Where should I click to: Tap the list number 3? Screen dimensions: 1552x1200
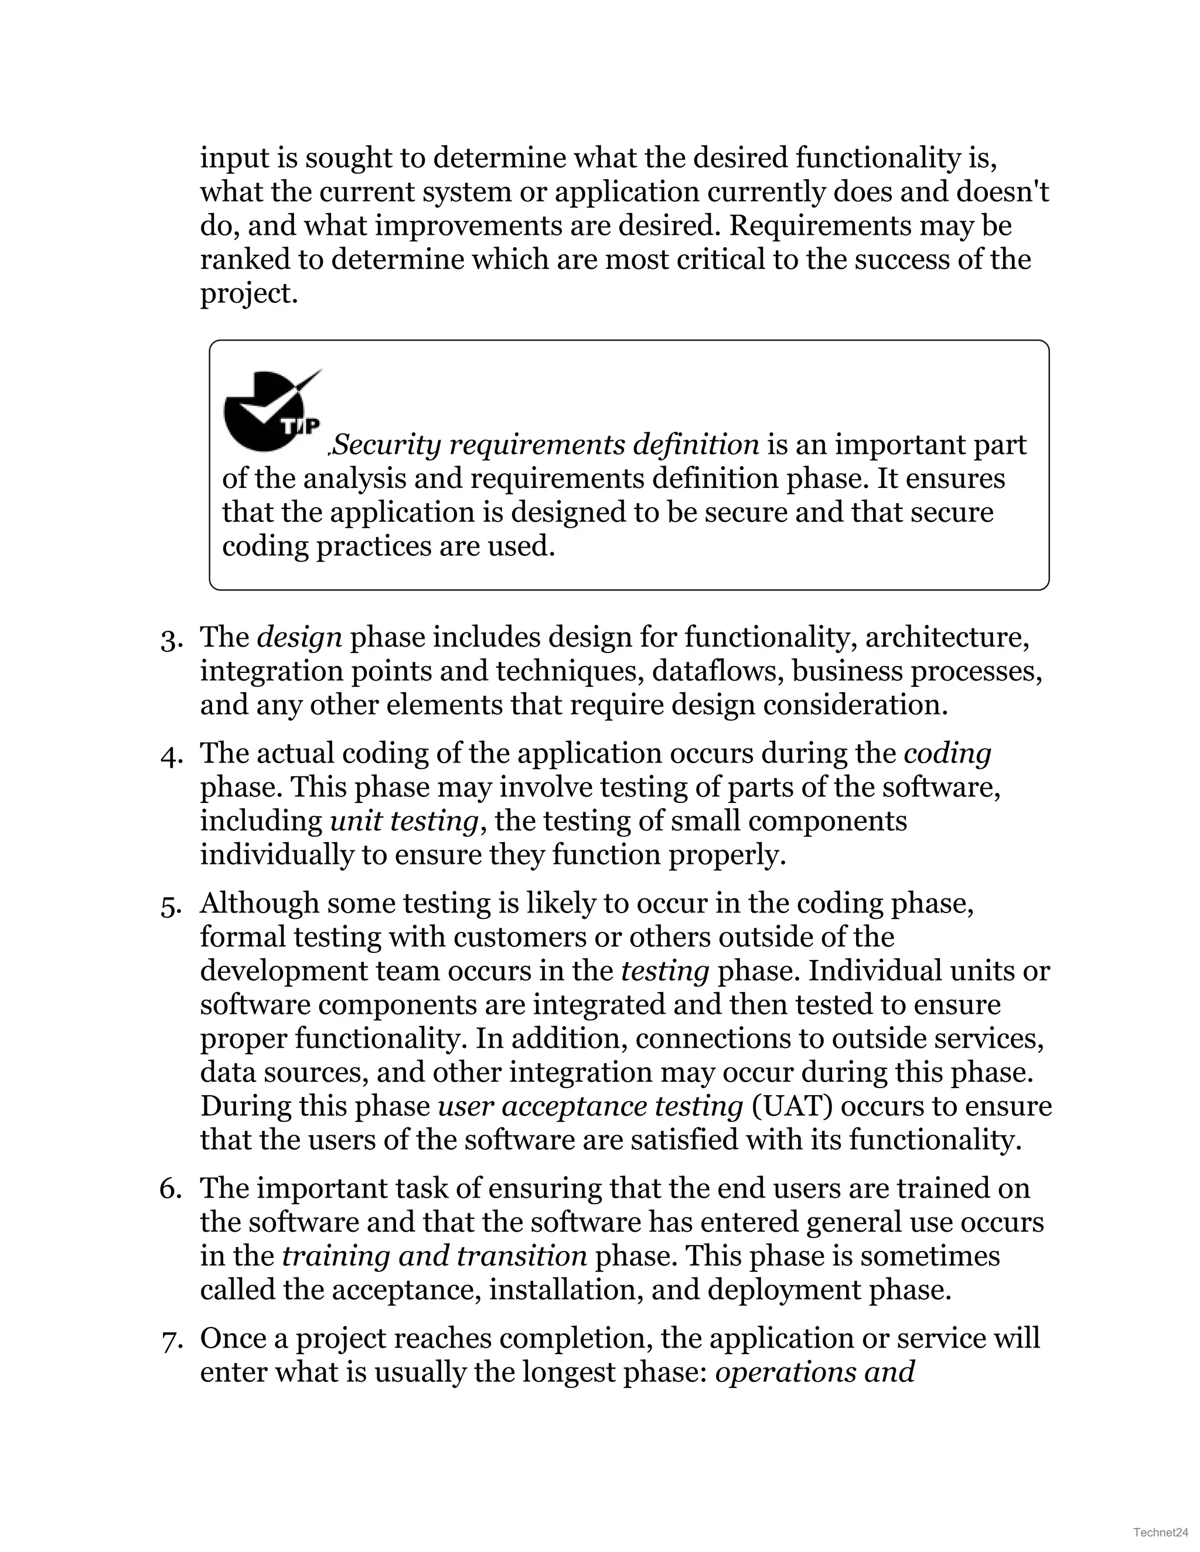[x=171, y=640]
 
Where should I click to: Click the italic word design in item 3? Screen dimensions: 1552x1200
[x=299, y=637]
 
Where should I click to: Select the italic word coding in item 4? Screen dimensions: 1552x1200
[x=947, y=753]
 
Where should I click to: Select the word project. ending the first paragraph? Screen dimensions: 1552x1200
[x=248, y=293]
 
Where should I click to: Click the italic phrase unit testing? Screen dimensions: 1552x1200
[x=404, y=822]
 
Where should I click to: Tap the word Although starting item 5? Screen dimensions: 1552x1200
[x=259, y=904]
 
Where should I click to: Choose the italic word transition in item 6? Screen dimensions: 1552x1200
[x=522, y=1256]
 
